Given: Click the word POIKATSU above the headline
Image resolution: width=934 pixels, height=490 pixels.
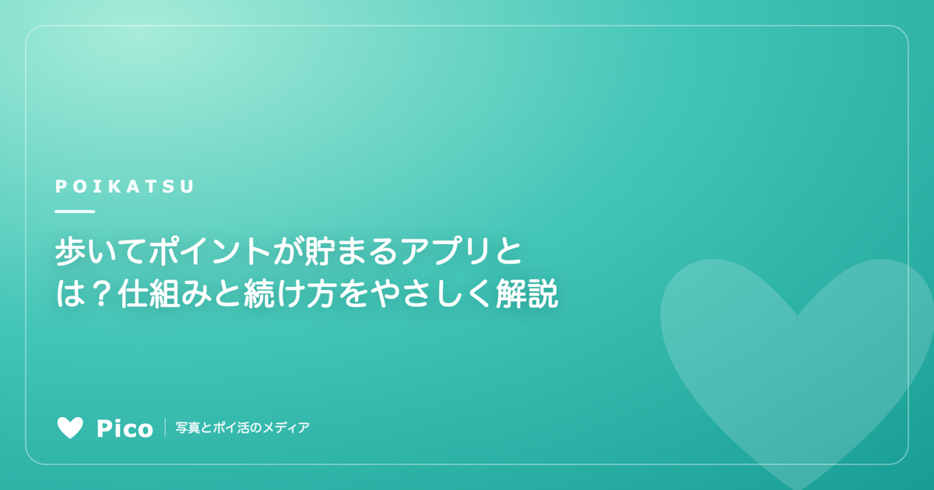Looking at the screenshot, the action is tap(125, 187).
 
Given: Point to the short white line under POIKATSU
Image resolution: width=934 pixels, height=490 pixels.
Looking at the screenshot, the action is tap(75, 212).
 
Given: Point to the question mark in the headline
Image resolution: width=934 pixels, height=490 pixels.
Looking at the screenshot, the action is tap(101, 294).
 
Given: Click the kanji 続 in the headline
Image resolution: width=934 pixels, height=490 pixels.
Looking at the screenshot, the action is tap(258, 294).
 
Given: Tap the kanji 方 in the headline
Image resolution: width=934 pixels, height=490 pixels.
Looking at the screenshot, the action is tap(321, 294).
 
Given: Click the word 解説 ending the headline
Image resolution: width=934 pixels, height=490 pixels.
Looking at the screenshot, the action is tap(527, 294).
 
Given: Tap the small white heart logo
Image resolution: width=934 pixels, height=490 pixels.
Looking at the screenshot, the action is tap(70, 428).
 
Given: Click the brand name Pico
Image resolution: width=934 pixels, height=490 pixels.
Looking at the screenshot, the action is tap(125, 429).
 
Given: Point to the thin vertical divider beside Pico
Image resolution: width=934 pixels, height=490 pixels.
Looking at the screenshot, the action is tap(165, 428).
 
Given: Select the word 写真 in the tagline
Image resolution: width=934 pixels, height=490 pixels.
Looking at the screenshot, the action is tap(188, 428).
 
